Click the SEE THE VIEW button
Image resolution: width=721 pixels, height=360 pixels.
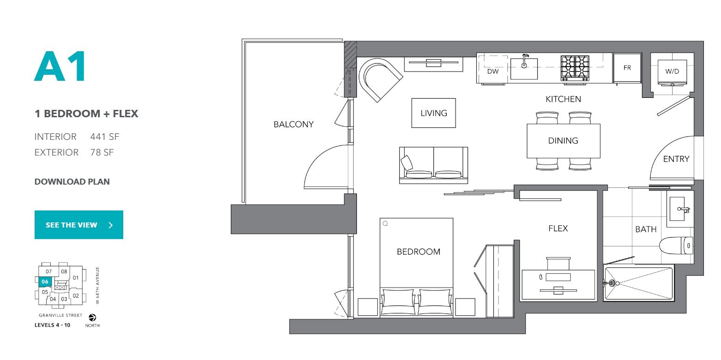[79, 225]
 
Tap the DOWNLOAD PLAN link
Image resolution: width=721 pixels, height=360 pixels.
[72, 182]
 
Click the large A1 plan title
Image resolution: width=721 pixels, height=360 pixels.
[60, 66]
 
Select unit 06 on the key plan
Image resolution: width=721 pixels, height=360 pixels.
[45, 282]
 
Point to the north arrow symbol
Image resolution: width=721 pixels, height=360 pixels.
[92, 318]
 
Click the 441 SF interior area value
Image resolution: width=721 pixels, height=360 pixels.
[105, 137]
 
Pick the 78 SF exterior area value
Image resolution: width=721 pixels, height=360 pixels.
[102, 152]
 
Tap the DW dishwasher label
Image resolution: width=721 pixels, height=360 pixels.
[493, 72]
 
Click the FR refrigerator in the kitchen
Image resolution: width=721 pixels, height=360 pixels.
[627, 68]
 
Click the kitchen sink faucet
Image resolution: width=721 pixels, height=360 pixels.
[525, 61]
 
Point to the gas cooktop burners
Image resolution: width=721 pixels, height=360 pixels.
[575, 67]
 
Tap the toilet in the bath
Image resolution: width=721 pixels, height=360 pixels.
[676, 246]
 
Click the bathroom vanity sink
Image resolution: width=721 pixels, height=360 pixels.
[679, 209]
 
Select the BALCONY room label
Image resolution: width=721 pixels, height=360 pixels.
[294, 125]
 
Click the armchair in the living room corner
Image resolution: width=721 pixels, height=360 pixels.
[380, 79]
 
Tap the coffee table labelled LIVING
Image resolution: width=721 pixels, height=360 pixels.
[433, 113]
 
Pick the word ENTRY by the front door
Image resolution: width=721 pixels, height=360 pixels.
[676, 159]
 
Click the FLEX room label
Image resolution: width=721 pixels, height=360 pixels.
[558, 228]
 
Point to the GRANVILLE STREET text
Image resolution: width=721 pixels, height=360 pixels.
[60, 315]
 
